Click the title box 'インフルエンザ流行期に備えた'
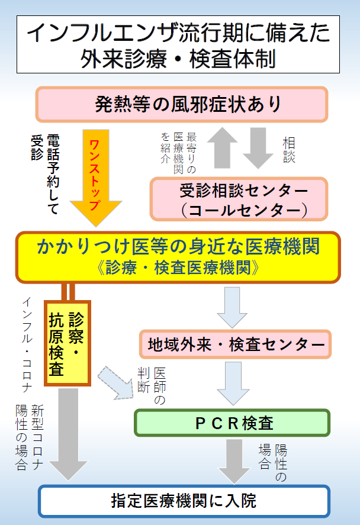(x=178, y=44)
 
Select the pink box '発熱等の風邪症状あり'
(x=182, y=104)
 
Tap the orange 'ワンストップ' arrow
(x=96, y=178)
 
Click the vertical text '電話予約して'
(x=53, y=174)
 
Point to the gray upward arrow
(x=223, y=147)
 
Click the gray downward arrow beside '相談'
(x=258, y=147)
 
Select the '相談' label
(x=289, y=150)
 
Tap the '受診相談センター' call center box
(x=239, y=199)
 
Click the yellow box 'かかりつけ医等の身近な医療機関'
(x=178, y=257)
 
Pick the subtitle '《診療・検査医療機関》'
(x=178, y=268)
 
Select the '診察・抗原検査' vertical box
(x=67, y=343)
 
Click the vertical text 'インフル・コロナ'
(x=27, y=344)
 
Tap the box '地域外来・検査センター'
(x=235, y=344)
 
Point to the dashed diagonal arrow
(x=115, y=382)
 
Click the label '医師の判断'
(x=152, y=386)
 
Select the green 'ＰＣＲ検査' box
(x=232, y=423)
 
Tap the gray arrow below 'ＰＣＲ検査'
(x=234, y=462)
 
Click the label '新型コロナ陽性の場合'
(x=30, y=437)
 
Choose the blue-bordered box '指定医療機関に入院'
(x=184, y=501)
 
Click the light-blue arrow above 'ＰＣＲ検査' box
(x=233, y=384)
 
